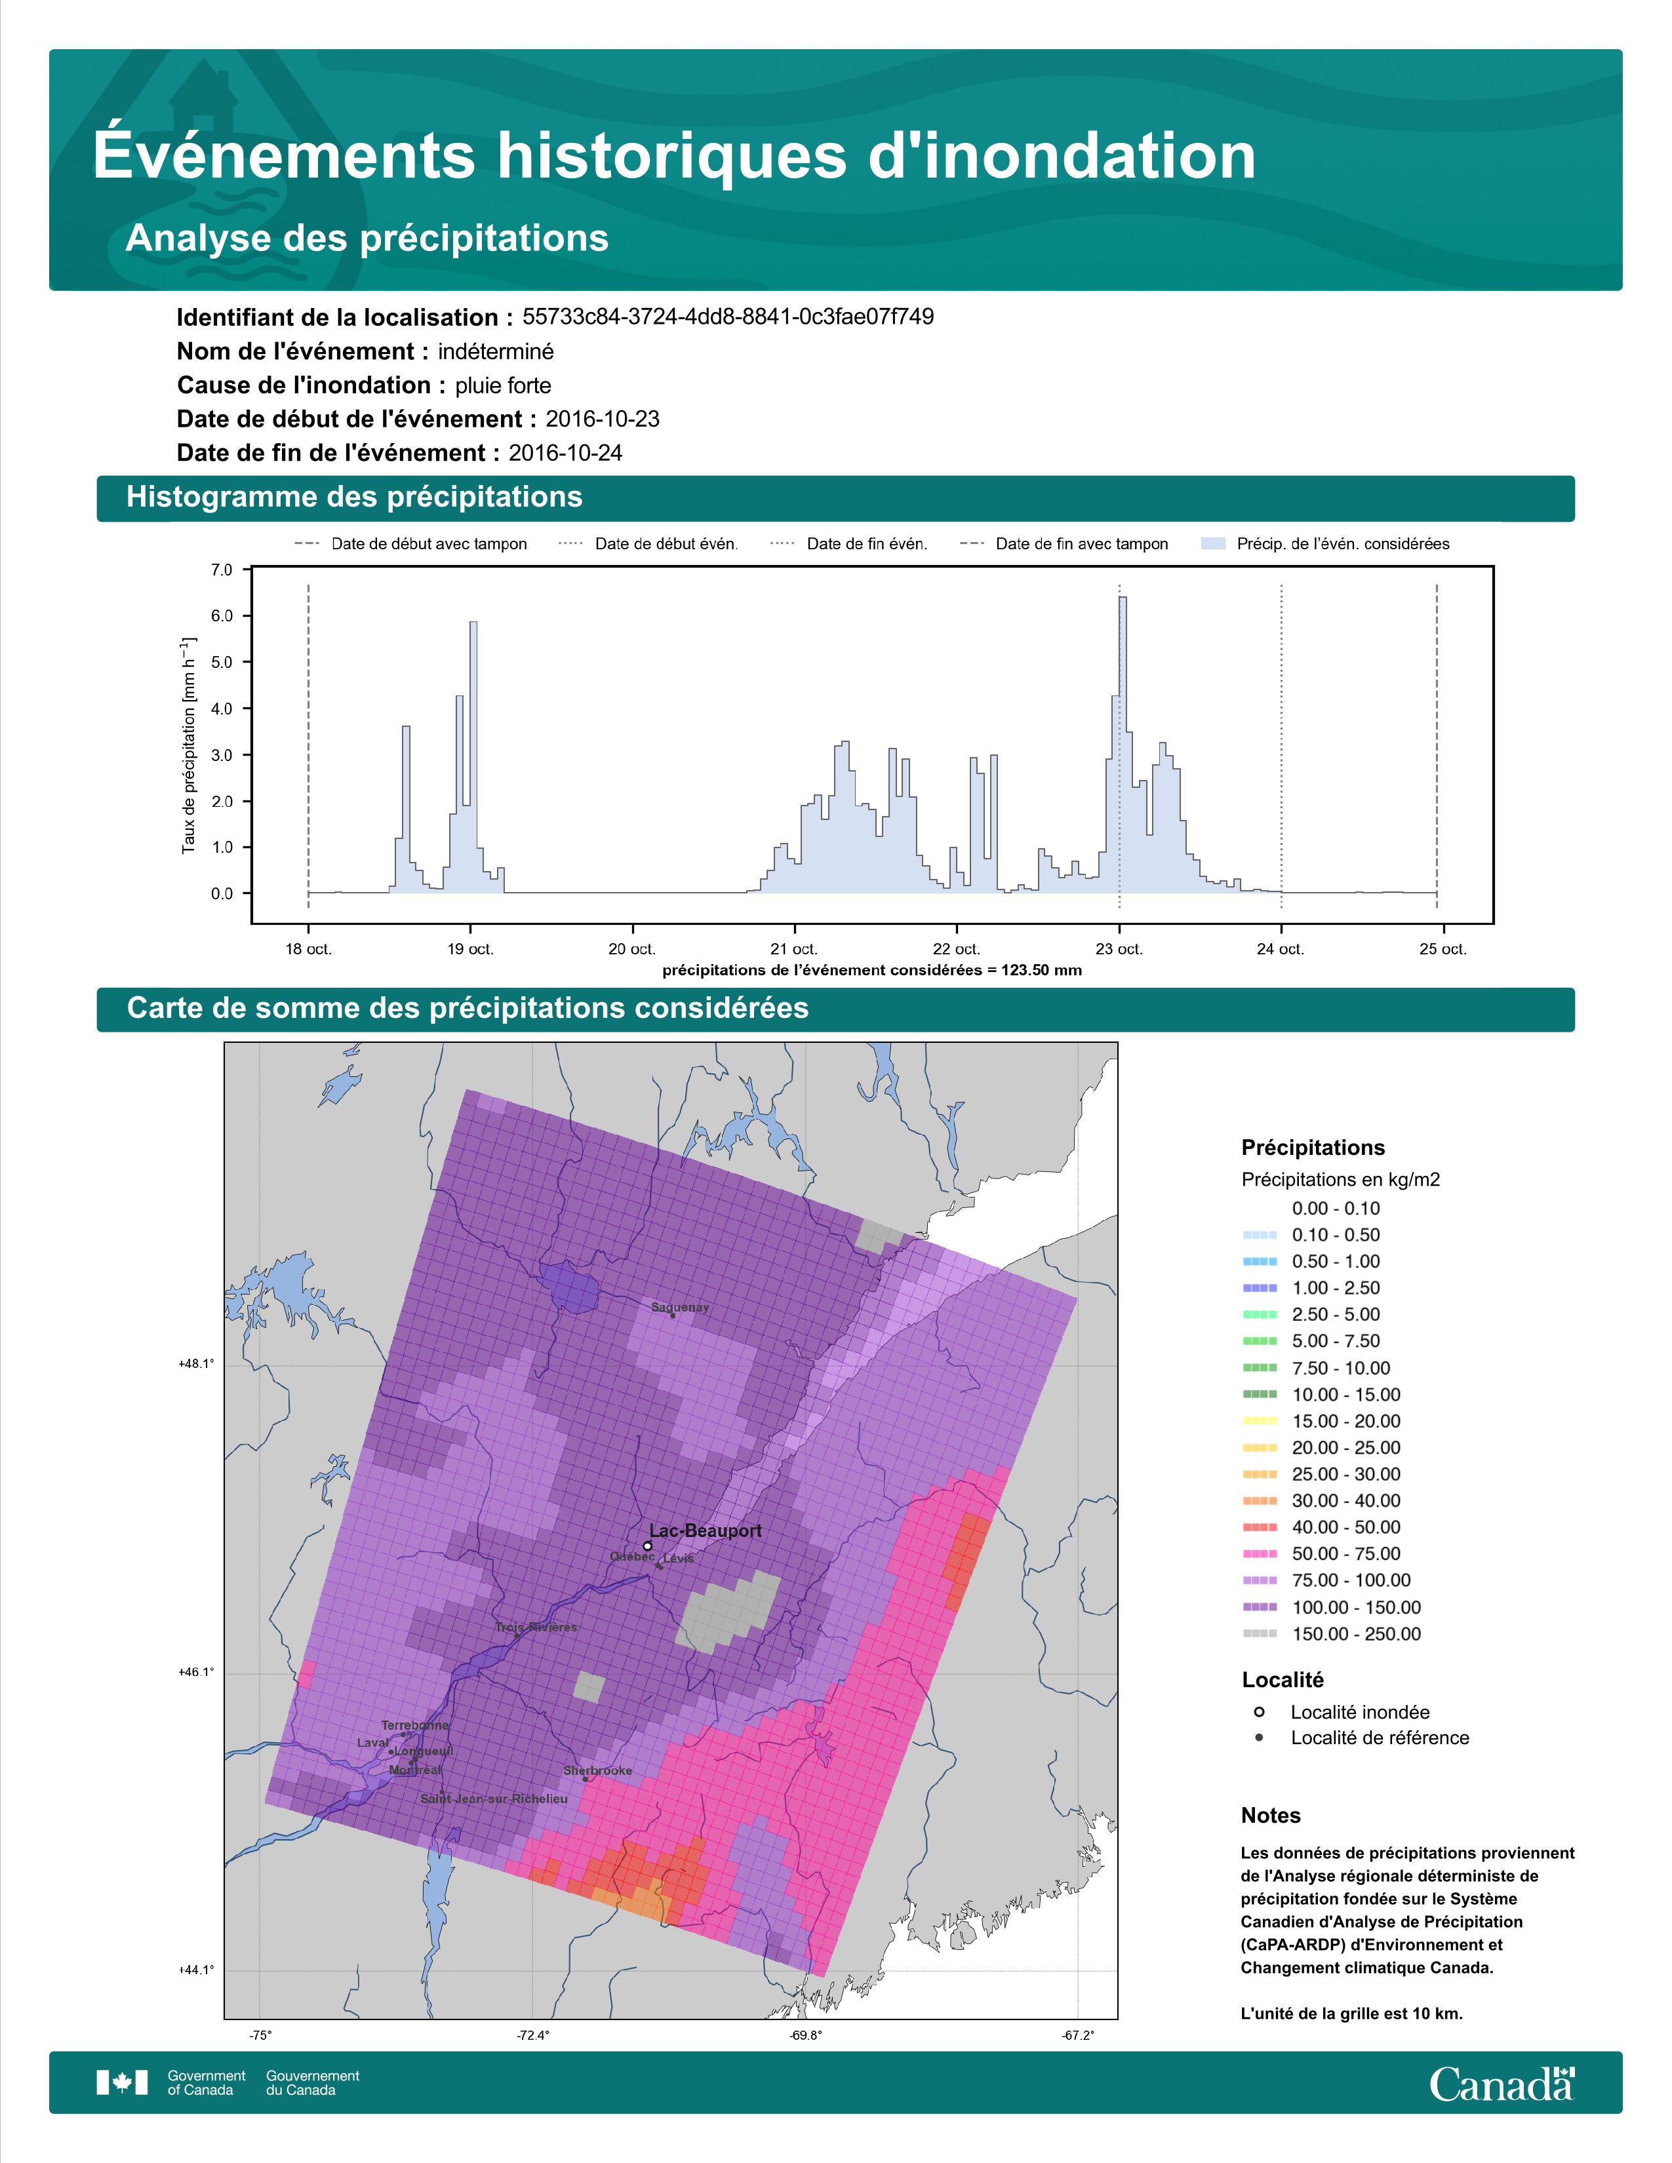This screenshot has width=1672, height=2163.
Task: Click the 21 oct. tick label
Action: (793, 949)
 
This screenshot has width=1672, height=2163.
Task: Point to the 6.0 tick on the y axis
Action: (222, 616)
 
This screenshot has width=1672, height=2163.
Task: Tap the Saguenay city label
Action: (679, 1308)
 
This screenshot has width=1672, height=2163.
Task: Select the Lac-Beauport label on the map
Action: (706, 1531)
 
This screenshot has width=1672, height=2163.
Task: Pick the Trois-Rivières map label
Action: (536, 1627)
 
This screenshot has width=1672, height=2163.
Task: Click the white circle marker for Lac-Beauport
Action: (647, 1545)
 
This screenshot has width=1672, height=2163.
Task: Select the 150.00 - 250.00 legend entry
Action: (1331, 1634)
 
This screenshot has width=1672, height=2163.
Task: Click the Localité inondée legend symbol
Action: (1259, 1712)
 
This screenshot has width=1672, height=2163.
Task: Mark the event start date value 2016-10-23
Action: (602, 419)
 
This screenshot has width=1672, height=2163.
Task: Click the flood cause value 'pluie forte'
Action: (503, 385)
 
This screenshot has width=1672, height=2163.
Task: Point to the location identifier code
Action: (728, 317)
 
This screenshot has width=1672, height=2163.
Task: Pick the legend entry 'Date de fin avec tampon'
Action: (1065, 544)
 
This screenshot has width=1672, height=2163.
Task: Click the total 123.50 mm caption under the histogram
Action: (871, 971)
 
